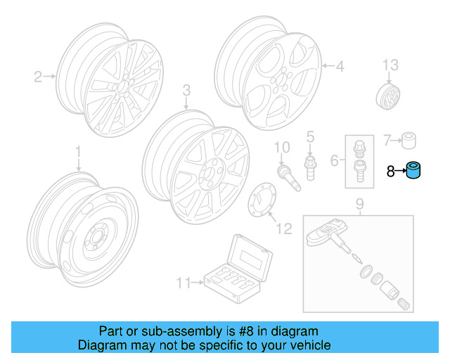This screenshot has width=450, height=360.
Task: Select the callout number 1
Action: (x=79, y=151)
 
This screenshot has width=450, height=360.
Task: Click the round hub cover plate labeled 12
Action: (x=261, y=202)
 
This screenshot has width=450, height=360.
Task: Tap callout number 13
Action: (x=390, y=65)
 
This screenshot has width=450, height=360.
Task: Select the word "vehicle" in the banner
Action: (x=311, y=345)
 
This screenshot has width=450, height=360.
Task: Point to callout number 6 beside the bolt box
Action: (x=335, y=160)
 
